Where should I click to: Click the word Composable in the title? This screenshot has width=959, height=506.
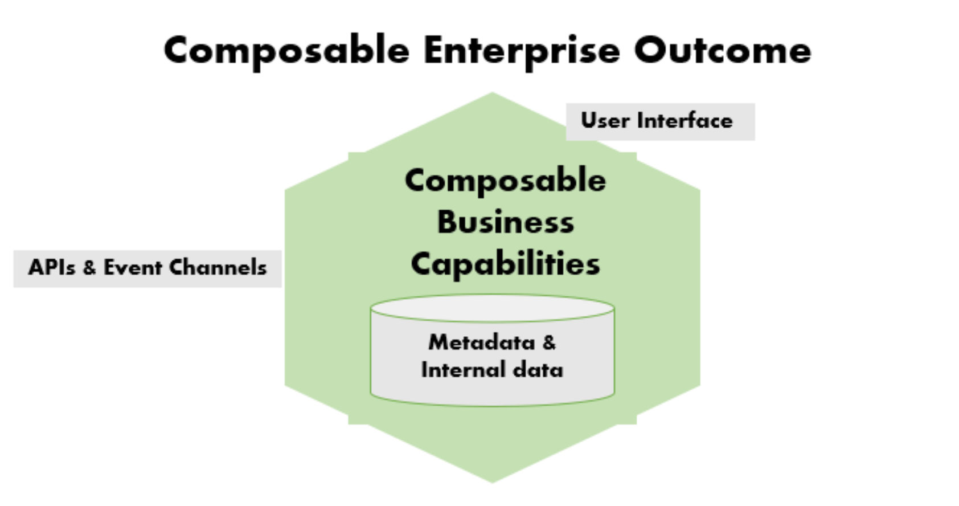coord(286,51)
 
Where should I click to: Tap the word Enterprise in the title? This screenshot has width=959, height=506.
coord(522,51)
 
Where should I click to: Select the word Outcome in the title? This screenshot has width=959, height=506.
coord(723,51)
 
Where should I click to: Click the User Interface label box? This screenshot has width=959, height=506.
coord(660,122)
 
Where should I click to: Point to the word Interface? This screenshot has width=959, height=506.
coord(685,120)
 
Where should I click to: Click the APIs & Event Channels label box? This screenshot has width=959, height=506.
coord(147,268)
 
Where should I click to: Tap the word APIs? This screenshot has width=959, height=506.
coord(51,267)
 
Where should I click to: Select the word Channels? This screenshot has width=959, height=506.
coord(218,267)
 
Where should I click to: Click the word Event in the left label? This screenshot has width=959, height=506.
coord(132,267)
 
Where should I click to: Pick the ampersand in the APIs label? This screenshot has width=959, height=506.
coord(89,268)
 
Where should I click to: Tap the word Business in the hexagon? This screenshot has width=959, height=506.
coord(505,222)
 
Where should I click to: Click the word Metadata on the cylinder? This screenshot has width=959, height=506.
coord(482,342)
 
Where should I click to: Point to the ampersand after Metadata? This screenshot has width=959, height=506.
coord(549,343)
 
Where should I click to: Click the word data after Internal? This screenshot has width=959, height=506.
coord(538,370)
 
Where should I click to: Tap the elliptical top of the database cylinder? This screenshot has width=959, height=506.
coord(493,308)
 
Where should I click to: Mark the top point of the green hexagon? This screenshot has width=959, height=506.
coord(493,92)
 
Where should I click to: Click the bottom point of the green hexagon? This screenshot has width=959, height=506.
coord(493,483)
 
